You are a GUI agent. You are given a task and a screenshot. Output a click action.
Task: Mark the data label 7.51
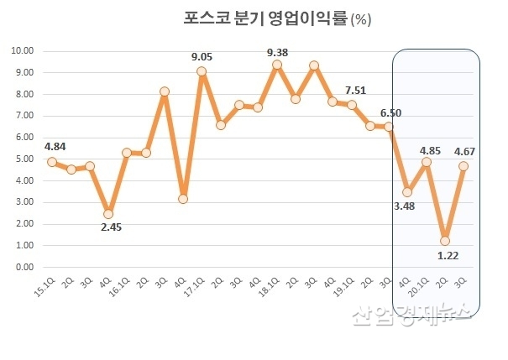click(356, 90)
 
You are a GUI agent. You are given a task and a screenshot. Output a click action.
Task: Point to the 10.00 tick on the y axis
click(22, 51)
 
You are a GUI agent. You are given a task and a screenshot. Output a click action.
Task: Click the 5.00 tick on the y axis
click(24, 159)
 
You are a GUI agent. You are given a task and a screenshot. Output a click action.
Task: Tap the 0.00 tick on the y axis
click(24, 267)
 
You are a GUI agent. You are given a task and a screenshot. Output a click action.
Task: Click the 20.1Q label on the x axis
click(420, 286)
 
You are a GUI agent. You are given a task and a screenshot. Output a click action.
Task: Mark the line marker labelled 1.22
click(445, 241)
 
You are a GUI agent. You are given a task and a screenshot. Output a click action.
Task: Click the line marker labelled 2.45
click(108, 214)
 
